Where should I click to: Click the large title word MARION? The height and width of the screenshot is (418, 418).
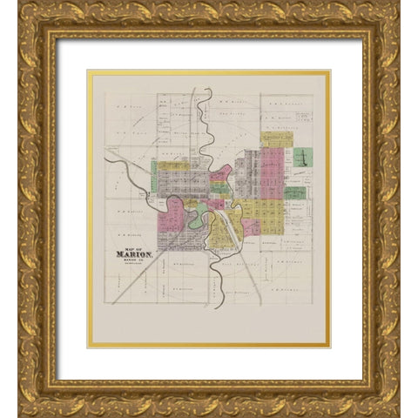tap(134, 256)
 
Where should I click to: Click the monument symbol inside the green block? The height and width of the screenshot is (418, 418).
tap(303, 158)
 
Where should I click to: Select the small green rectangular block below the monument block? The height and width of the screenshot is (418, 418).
tap(295, 192)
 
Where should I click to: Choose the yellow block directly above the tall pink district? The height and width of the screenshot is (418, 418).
tap(276, 138)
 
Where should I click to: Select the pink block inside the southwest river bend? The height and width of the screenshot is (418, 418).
tap(171, 217)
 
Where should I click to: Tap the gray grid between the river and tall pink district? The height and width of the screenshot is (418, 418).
tap(247, 174)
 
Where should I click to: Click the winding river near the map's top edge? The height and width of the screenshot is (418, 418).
tap(202, 109)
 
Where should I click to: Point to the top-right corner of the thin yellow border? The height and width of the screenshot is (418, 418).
tap(330, 71)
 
